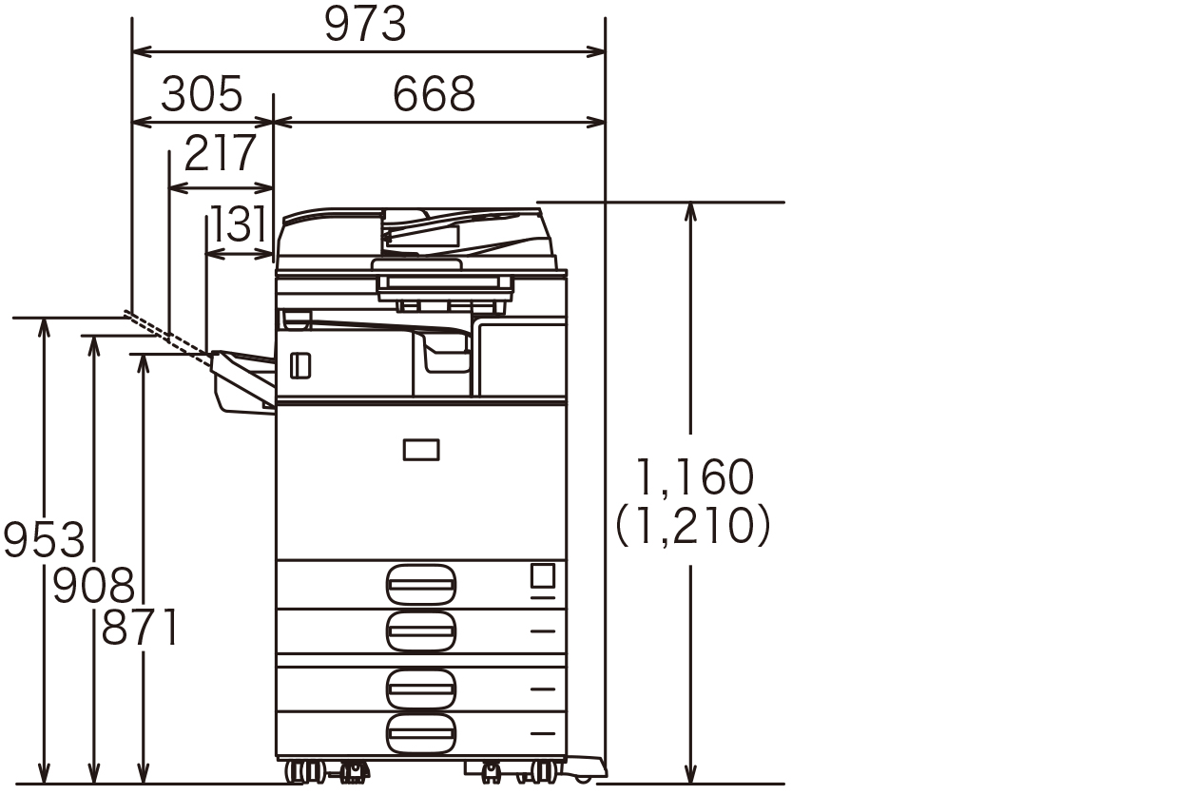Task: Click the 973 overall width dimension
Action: (x=365, y=24)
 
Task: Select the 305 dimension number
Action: (x=203, y=94)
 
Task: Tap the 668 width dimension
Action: (x=434, y=94)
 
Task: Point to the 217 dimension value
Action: (x=221, y=153)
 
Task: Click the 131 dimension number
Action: (x=239, y=223)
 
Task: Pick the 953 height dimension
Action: (x=44, y=540)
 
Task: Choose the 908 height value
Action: (x=93, y=586)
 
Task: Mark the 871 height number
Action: (x=140, y=628)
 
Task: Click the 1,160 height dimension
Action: (x=694, y=477)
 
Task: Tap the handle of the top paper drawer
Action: (x=421, y=585)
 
